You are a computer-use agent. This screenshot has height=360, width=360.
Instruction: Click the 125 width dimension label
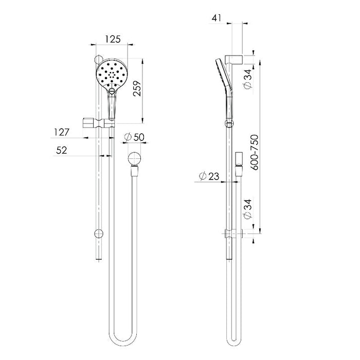(113, 39)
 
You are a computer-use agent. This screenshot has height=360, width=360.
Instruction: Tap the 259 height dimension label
(137, 88)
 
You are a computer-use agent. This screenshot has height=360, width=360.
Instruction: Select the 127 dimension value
(62, 132)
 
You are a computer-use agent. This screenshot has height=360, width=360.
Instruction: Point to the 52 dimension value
(62, 150)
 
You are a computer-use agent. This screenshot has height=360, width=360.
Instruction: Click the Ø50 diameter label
(134, 137)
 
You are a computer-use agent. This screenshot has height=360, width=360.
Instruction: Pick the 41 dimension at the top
(217, 18)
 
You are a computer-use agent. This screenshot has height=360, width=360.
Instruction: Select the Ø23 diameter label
(209, 176)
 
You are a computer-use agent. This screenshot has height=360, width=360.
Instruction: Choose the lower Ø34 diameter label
(248, 209)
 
